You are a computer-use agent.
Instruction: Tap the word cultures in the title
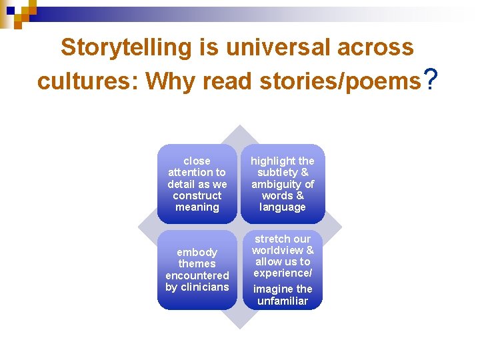click(x=87, y=81)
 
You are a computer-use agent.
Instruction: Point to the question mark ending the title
click(x=431, y=79)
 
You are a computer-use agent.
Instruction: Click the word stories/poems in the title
click(x=340, y=81)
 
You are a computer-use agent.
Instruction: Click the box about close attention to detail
click(x=197, y=184)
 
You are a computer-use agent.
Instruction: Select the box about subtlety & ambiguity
click(x=283, y=184)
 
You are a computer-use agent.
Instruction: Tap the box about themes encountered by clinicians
click(x=197, y=269)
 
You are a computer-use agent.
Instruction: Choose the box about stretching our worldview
click(x=283, y=269)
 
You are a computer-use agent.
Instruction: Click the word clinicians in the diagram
click(x=204, y=287)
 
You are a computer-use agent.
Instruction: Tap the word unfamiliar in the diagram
click(x=283, y=301)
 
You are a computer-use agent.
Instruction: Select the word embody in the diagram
click(x=197, y=252)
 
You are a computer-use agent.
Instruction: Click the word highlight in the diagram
click(x=273, y=161)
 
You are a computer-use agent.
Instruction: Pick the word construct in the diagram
click(x=197, y=195)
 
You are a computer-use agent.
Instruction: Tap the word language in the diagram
click(x=283, y=207)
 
